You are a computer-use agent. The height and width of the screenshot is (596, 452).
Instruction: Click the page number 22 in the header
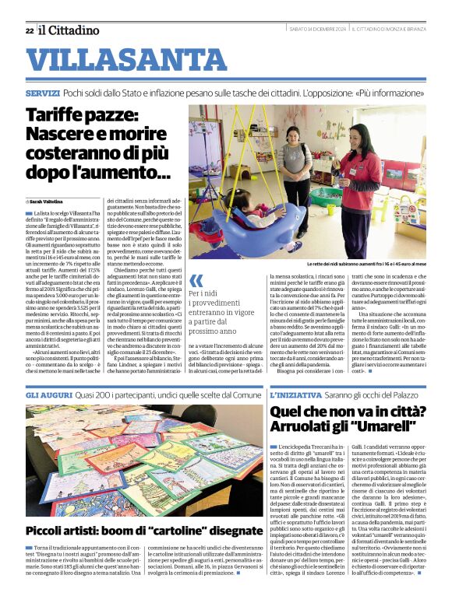click(29, 30)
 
